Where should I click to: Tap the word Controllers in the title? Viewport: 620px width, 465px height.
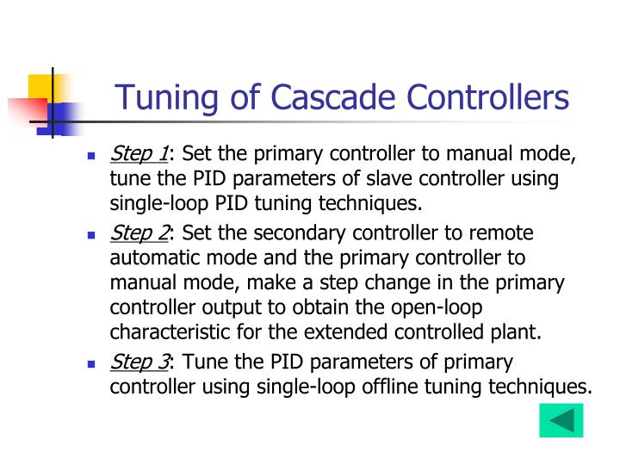tap(487, 96)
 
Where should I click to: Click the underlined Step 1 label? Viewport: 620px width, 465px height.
tap(139, 154)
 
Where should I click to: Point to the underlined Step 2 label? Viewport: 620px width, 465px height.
tap(139, 233)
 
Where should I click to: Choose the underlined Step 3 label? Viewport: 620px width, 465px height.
tap(139, 363)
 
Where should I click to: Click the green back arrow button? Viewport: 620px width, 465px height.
tap(561, 421)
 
